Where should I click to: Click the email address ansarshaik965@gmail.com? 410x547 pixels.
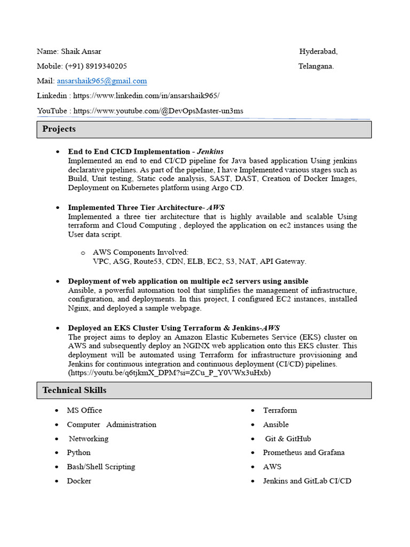pyautogui.click(x=102, y=81)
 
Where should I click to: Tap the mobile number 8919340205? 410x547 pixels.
pyautogui.click(x=106, y=66)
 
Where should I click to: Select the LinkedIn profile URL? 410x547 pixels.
pyautogui.click(x=146, y=96)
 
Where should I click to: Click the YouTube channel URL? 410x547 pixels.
pyautogui.click(x=158, y=111)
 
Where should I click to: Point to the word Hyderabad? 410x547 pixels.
pyautogui.click(x=318, y=52)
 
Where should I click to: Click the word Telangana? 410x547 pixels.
pyautogui.click(x=316, y=66)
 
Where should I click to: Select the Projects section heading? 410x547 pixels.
pyautogui.click(x=59, y=129)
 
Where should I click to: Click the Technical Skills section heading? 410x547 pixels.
pyautogui.click(x=74, y=390)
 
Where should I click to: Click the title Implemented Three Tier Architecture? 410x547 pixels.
pyautogui.click(x=135, y=207)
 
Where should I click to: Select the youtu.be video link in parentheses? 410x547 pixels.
pyautogui.click(x=169, y=373)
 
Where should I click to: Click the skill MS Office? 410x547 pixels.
pyautogui.click(x=84, y=410)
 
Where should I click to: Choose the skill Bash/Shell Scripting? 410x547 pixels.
pyautogui.click(x=101, y=467)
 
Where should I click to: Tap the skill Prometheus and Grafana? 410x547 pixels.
pyautogui.click(x=304, y=452)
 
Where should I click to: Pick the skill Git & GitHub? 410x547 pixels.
pyautogui.click(x=288, y=439)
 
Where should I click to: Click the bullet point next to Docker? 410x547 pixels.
pyautogui.click(x=57, y=481)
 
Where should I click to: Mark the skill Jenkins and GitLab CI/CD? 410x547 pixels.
pyautogui.click(x=307, y=481)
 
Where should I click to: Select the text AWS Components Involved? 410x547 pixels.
pyautogui.click(x=140, y=252)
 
